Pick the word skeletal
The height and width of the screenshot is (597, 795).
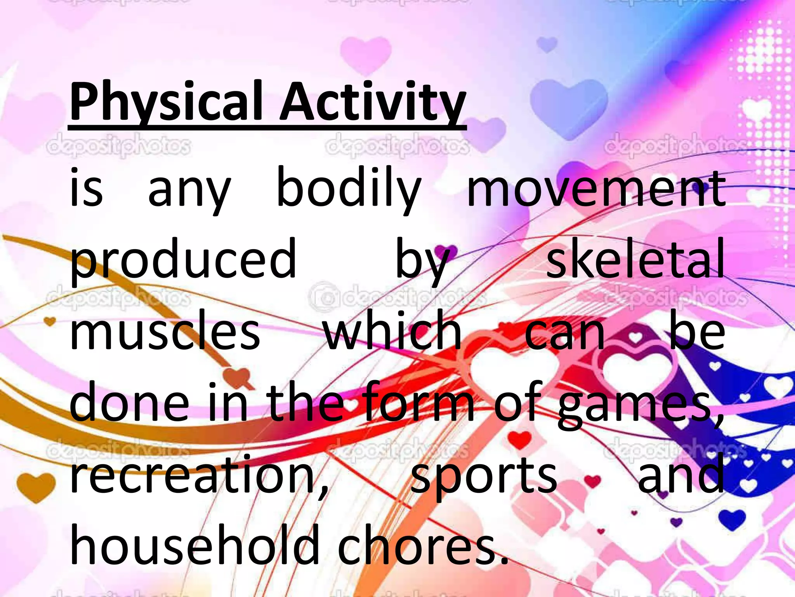point(635,258)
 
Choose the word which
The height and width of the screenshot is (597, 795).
point(392,330)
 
